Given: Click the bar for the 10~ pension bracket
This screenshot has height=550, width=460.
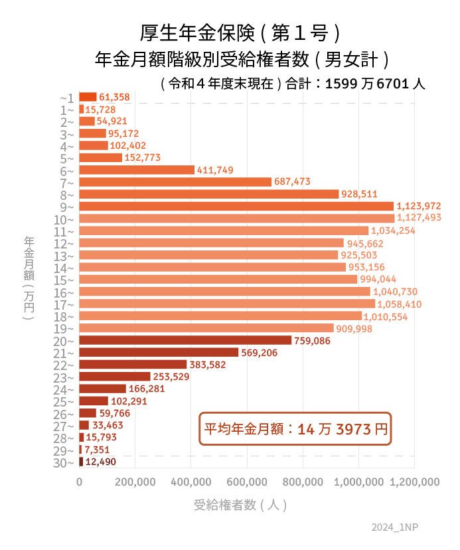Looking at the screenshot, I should pos(236,219).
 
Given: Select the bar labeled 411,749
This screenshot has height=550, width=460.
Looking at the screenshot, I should pos(137,170).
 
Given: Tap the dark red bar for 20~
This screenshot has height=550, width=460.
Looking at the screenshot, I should pos(185,340).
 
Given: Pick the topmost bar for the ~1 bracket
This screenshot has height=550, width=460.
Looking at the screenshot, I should pos(88,97).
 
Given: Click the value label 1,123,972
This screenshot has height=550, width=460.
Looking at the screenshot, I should pos(419,206).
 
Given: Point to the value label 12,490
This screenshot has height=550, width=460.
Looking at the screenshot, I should pos(102,462).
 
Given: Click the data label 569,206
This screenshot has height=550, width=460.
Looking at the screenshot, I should pos(260,353).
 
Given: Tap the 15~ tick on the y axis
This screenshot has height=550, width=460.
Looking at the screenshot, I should pos(67,280).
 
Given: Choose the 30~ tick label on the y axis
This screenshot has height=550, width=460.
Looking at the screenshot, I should pos(67,463).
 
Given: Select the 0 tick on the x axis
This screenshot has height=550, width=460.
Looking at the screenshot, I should pos(80,482).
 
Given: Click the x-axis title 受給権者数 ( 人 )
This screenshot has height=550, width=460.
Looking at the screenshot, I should pos(240,505).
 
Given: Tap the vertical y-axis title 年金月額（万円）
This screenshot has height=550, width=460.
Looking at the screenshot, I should pos(29,278).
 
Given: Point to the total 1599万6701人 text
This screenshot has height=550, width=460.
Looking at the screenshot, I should pos(376,84).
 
